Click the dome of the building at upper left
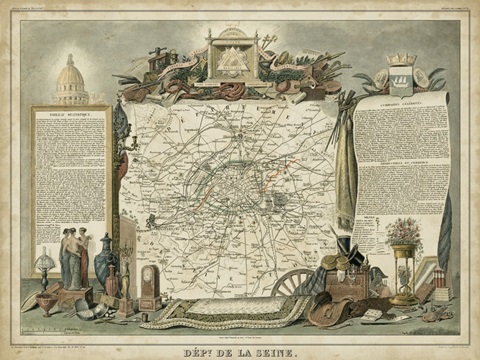(71, 75)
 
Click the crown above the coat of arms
(402, 59)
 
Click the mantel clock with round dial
(149, 285)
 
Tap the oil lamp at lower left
(45, 270)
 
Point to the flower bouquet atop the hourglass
(404, 231)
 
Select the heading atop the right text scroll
(401, 102)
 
